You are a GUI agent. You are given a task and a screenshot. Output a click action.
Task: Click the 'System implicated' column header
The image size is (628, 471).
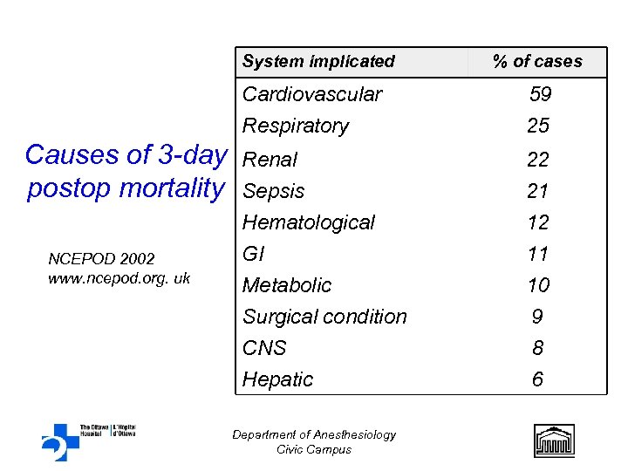(x=318, y=61)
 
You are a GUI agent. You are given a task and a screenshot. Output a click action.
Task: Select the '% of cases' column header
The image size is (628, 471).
(x=537, y=61)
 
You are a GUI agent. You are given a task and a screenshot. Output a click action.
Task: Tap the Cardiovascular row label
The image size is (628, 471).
(x=312, y=94)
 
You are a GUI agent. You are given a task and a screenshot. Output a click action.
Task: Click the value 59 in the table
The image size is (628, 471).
(x=540, y=94)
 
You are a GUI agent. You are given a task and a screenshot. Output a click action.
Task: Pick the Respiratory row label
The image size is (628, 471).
(x=296, y=126)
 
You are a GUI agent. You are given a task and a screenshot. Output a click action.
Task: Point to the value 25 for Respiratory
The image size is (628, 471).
(x=538, y=126)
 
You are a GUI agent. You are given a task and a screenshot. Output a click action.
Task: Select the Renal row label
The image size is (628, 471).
(x=270, y=160)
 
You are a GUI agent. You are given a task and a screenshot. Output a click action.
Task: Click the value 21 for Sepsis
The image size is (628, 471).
(x=538, y=191)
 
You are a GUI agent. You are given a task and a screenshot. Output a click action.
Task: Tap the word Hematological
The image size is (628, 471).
(x=309, y=222)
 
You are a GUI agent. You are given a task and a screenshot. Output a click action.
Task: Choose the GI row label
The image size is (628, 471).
(x=253, y=254)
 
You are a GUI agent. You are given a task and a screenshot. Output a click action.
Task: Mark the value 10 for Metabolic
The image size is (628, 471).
(x=538, y=285)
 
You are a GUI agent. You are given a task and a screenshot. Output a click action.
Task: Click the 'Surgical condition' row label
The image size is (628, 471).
(x=324, y=317)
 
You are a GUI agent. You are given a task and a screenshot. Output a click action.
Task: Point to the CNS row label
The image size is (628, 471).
(x=264, y=348)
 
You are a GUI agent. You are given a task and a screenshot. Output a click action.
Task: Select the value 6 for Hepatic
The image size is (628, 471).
(x=538, y=379)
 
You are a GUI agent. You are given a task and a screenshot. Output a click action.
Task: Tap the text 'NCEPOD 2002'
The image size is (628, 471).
(x=101, y=259)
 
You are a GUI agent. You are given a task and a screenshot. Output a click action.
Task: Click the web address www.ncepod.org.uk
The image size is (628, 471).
(x=119, y=279)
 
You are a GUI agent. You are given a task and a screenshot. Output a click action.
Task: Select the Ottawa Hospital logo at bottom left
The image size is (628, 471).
(x=87, y=440)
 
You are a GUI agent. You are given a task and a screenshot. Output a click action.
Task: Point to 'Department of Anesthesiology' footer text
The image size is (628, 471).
(x=314, y=434)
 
